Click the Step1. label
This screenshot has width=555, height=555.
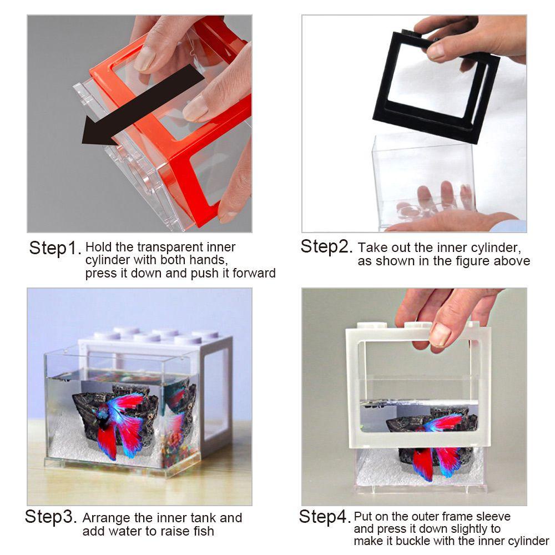[x=56, y=248]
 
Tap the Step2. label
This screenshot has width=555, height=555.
[x=327, y=246]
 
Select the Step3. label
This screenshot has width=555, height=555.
[x=51, y=517]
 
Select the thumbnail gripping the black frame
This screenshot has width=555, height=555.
[x=436, y=51]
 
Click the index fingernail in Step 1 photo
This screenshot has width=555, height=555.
[x=145, y=58]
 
